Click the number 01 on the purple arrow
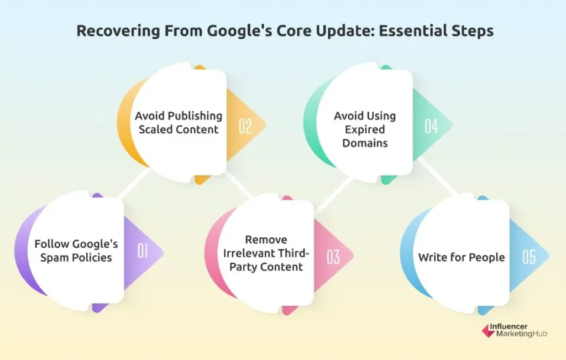(x=143, y=252)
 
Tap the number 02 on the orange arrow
(x=245, y=127)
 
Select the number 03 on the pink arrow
(x=333, y=257)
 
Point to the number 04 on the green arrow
(x=431, y=127)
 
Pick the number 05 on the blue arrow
(x=528, y=257)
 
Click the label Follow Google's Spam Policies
(x=76, y=251)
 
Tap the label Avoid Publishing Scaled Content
(x=179, y=123)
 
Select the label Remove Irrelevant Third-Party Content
(x=266, y=253)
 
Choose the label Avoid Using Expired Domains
(x=365, y=129)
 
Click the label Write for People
(x=461, y=257)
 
